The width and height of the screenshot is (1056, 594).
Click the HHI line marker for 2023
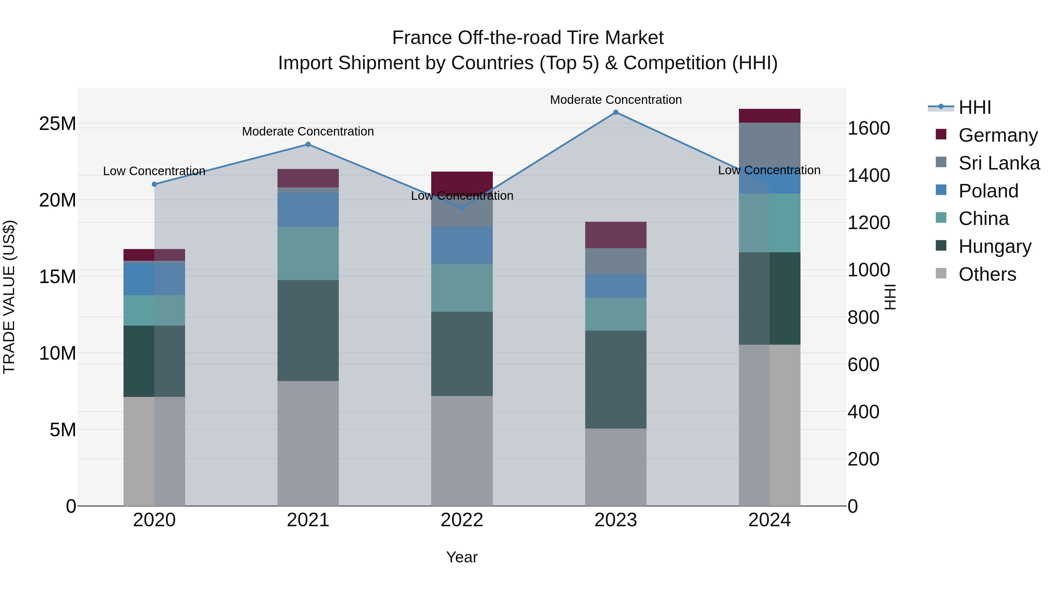615,112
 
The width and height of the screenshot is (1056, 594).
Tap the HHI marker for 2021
308,144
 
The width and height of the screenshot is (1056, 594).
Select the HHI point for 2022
462,208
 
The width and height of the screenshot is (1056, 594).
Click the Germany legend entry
998,135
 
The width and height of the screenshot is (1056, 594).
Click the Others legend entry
987,274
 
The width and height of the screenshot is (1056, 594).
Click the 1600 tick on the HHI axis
868,128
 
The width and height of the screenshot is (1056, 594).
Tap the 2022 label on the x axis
462,520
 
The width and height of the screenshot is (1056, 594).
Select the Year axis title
462,557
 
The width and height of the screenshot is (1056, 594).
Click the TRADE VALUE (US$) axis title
9,297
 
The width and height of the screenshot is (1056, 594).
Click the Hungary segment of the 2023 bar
615,379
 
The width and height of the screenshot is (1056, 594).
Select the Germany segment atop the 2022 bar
462,180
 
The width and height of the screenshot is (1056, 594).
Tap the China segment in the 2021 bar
308,253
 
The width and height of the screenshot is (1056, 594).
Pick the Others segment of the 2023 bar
615,467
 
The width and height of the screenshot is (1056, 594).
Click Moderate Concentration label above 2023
615,100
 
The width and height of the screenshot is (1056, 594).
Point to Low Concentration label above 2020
154,171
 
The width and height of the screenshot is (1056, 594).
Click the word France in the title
422,38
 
